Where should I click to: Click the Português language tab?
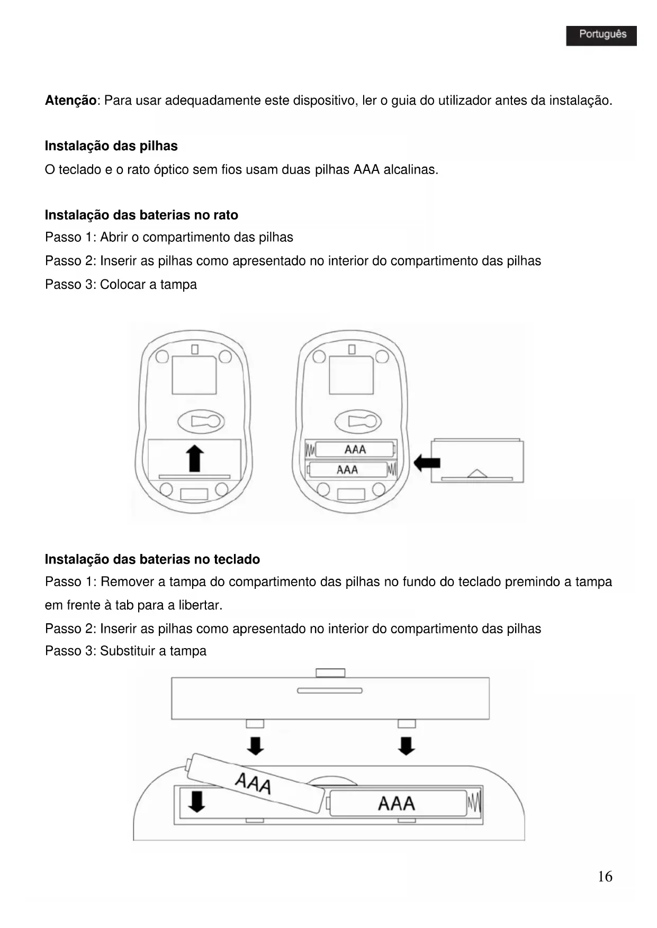(x=601, y=35)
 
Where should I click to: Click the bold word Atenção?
(x=71, y=101)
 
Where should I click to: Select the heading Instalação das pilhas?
(x=111, y=146)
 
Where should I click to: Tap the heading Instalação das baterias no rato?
(x=141, y=215)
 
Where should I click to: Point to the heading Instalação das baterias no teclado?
(x=152, y=559)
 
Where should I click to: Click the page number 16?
(x=605, y=877)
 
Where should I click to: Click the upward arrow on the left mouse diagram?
(x=195, y=458)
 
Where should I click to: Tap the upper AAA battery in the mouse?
(x=355, y=450)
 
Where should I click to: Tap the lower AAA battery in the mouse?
(x=348, y=470)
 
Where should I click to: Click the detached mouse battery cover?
(x=478, y=460)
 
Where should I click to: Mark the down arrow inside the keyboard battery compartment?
(x=197, y=801)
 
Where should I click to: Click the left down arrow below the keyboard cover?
(x=256, y=745)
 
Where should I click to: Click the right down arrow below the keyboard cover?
(x=407, y=745)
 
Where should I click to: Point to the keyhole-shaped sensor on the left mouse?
(x=201, y=422)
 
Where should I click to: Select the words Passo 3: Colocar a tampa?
(x=121, y=285)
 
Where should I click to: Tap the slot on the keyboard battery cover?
(x=330, y=690)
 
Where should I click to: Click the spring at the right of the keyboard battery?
(x=474, y=803)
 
